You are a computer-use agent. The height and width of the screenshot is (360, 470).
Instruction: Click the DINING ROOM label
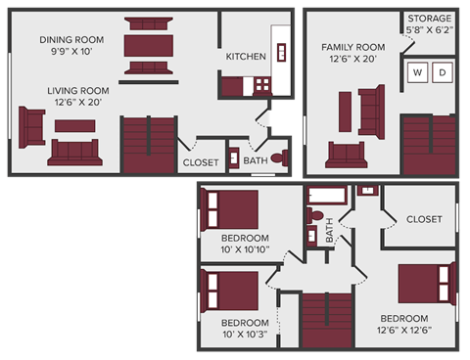(70, 40)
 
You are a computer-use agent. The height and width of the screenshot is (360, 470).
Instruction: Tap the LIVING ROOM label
(73, 90)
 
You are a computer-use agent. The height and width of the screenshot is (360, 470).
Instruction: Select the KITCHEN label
(246, 57)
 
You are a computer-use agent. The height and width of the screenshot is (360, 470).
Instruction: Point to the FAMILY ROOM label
(353, 47)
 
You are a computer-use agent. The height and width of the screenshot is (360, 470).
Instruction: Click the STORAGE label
(430, 19)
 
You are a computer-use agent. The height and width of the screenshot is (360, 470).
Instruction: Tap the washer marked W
(417, 72)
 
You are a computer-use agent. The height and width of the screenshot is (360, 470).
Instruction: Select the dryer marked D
(442, 72)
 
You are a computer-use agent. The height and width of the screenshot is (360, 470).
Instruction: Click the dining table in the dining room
(148, 46)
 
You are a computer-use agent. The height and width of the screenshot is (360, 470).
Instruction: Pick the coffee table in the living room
(74, 125)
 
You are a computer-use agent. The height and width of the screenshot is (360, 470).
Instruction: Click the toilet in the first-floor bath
(277, 157)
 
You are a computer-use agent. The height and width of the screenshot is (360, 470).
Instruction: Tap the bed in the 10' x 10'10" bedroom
(229, 210)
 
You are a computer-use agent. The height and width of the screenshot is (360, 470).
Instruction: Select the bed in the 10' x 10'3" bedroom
(229, 291)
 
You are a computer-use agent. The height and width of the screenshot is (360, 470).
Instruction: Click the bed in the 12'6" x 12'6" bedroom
(427, 283)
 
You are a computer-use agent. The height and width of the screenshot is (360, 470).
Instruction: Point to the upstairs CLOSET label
(424, 219)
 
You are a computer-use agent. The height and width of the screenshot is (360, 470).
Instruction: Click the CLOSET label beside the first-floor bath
(201, 162)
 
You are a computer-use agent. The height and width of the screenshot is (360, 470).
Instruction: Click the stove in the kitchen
(261, 86)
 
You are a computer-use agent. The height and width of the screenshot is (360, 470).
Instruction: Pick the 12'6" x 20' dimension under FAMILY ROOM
(353, 60)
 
